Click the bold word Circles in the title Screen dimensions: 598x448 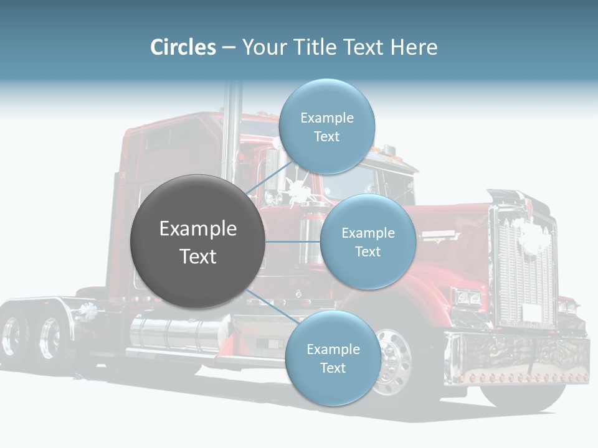tap(183, 47)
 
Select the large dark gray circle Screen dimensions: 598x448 tap(197, 241)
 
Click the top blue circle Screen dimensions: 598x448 tap(327, 126)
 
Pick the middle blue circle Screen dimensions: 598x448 tap(368, 241)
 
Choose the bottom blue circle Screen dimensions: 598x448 tap(333, 358)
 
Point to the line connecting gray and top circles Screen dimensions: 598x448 tap(269, 177)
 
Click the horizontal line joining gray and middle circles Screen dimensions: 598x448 tap(293, 241)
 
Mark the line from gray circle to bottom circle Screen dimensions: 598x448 tap(273, 307)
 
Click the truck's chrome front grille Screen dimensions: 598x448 tap(524, 263)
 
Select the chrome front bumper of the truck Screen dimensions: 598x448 tap(517, 358)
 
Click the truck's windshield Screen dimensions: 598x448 tap(366, 183)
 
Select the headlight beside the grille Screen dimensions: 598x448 tap(467, 297)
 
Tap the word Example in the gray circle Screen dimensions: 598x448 tap(198, 228)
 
